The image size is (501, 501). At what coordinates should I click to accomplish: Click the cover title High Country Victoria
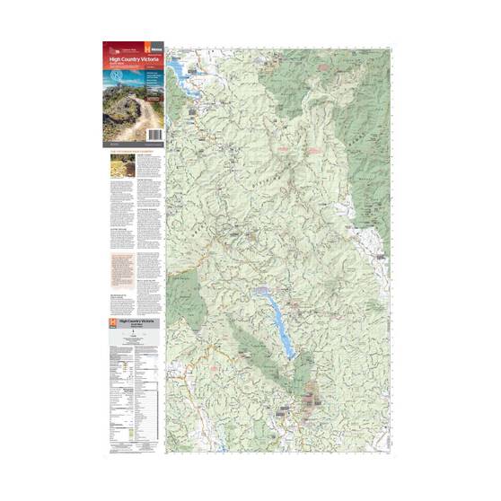coord(130,59)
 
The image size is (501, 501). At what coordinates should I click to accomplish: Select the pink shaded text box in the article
coord(118,269)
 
